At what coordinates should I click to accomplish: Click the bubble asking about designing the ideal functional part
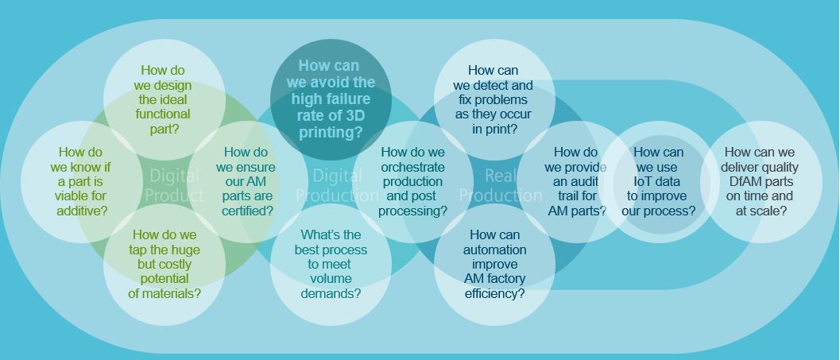[x=165, y=99]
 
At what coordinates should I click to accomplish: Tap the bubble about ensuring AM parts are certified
[x=246, y=181]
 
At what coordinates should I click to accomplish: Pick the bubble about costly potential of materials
[x=165, y=264]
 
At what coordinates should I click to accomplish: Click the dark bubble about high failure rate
[x=331, y=99]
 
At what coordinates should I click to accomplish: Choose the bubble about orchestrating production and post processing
[x=412, y=181]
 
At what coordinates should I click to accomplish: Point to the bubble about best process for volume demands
[x=331, y=264]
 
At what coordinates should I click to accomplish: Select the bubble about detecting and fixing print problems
[x=494, y=99]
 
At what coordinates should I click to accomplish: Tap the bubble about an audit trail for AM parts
[x=576, y=181]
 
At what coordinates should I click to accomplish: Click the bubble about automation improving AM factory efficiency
[x=494, y=264]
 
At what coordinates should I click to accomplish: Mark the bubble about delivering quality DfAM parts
[x=760, y=181]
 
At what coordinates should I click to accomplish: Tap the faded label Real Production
[x=501, y=185]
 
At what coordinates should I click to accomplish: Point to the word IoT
[x=646, y=181]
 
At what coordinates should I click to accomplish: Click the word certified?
[x=247, y=211]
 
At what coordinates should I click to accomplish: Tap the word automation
[x=494, y=250]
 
